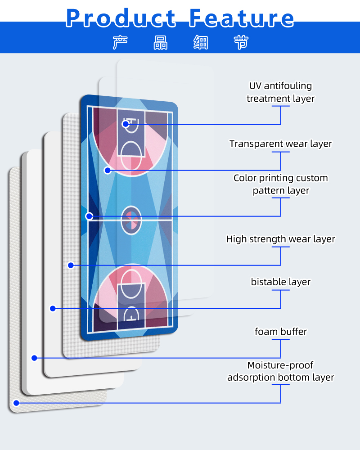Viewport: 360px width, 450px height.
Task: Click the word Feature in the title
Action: coord(242,18)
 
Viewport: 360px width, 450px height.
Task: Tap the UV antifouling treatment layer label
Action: coord(280,92)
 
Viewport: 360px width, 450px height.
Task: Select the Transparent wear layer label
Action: coord(280,144)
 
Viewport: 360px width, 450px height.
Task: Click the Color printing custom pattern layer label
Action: coord(280,184)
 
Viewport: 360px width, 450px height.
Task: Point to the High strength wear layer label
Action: coord(280,239)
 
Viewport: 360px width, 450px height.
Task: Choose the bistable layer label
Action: coord(280,282)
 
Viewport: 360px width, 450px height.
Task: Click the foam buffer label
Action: coord(280,332)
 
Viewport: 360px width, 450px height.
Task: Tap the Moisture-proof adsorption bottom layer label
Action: coord(280,371)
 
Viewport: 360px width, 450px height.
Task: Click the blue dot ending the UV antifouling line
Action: coord(126,124)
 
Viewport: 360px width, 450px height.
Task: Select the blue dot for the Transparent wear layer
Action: coord(108,170)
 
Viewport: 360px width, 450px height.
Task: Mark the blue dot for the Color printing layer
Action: coord(89,216)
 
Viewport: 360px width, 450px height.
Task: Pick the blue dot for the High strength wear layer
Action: coord(71,265)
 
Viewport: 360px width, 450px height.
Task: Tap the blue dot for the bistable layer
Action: coord(53,308)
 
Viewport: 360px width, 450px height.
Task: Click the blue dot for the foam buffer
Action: coord(34,358)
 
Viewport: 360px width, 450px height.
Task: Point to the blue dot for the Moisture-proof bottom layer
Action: coord(16,403)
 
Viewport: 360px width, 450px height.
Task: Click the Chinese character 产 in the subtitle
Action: coord(120,42)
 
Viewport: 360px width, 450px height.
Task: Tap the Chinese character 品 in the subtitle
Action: coord(161,42)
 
